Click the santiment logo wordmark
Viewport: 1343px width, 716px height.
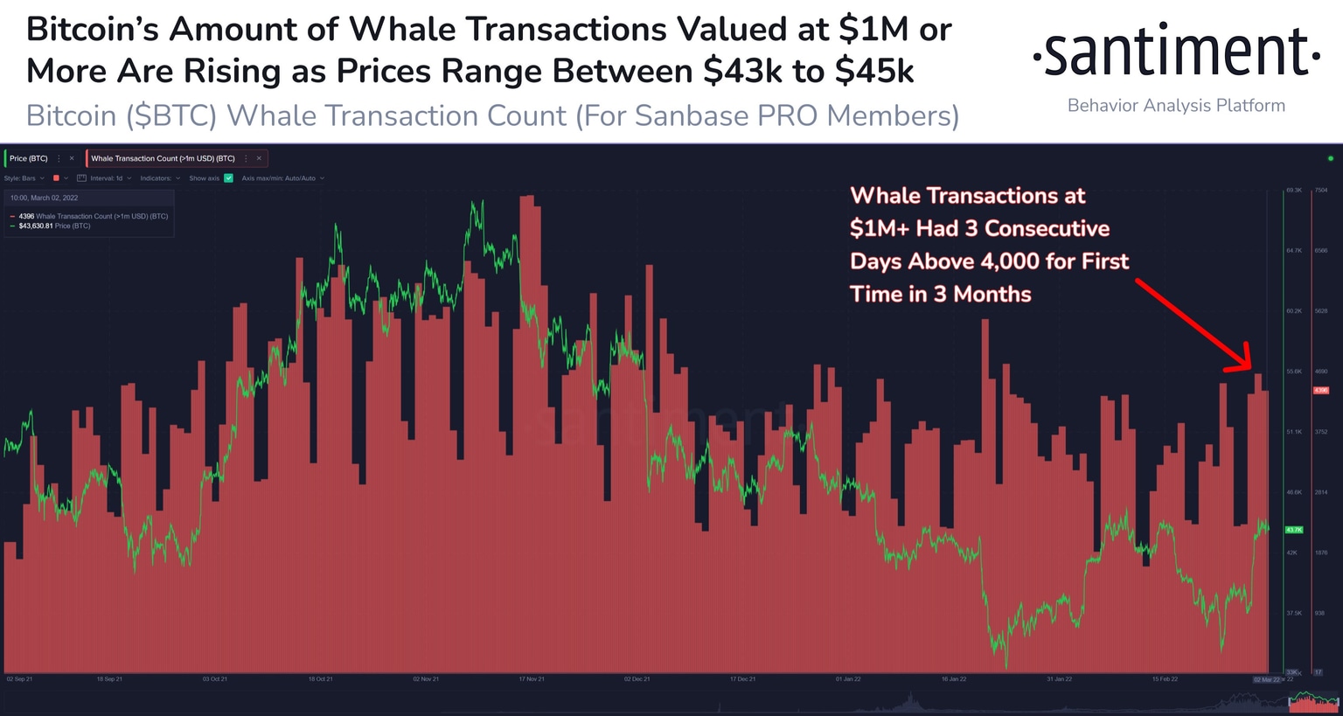coord(1176,53)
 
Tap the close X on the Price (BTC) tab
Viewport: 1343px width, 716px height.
coord(72,158)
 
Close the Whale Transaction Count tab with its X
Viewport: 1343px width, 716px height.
coord(259,158)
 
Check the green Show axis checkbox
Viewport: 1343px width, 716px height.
coord(229,178)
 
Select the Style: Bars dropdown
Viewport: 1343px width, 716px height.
coord(24,178)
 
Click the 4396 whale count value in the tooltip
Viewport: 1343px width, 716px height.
coord(26,216)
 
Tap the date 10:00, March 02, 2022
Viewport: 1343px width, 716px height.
coord(44,198)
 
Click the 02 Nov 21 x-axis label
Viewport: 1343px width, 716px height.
coord(426,679)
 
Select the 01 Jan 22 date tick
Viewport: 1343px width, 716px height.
coord(848,679)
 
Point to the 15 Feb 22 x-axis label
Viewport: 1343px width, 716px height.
coord(1165,679)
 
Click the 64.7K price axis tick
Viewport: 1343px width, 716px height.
coord(1294,251)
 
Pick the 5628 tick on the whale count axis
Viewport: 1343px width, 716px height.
coord(1321,311)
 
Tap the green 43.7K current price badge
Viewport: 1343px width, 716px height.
coord(1294,530)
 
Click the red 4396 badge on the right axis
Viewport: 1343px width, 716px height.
coord(1321,390)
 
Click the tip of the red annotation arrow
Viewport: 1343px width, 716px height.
coord(1250,370)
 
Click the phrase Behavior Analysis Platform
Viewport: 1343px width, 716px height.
coord(1176,106)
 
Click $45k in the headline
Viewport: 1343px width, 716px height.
coord(874,72)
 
